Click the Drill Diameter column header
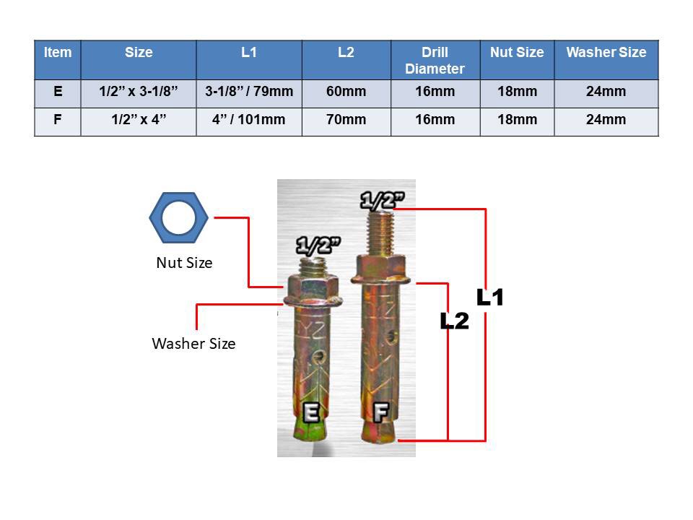click(435, 60)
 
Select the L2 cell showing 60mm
click(346, 92)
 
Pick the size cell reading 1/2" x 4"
click(139, 119)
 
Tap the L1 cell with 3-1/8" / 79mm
click(249, 92)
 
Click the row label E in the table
click(58, 92)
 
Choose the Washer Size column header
click(606, 53)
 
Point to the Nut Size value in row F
click(517, 119)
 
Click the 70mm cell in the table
click(346, 119)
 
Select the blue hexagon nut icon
click(178, 217)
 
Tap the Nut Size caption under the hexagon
click(184, 263)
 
